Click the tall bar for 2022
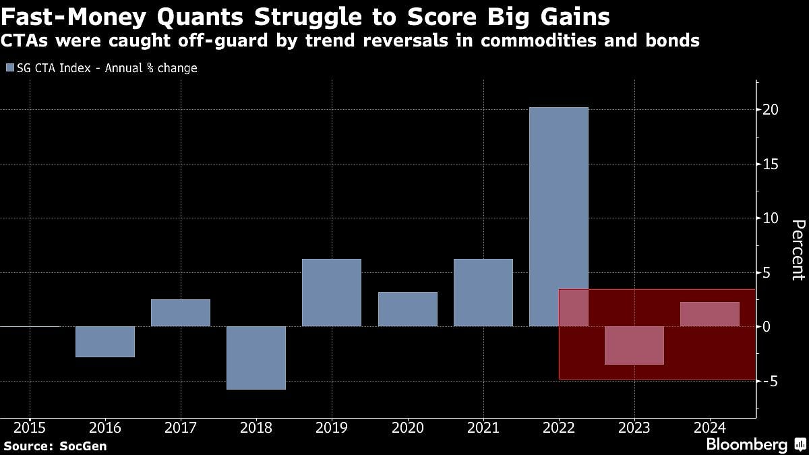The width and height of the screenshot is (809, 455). tap(558, 202)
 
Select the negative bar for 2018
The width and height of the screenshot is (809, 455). tap(256, 358)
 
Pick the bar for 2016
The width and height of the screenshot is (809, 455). tap(105, 342)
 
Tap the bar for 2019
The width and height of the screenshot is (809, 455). tap(332, 293)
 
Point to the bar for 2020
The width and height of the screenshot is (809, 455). tap(407, 309)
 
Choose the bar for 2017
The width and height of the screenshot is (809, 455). tap(181, 313)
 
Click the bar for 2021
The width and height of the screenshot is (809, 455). tap(483, 293)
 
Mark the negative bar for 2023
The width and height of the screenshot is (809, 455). tap(634, 345)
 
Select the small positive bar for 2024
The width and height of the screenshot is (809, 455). tap(709, 314)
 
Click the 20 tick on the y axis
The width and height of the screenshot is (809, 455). tap(771, 110)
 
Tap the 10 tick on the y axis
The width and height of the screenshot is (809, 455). tap(771, 218)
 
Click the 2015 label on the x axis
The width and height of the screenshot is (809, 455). tap(30, 427)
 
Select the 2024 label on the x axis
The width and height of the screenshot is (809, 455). tap(709, 427)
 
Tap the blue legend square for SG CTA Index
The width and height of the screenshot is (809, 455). tap(9, 68)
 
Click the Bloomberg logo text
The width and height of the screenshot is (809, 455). tap(746, 444)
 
